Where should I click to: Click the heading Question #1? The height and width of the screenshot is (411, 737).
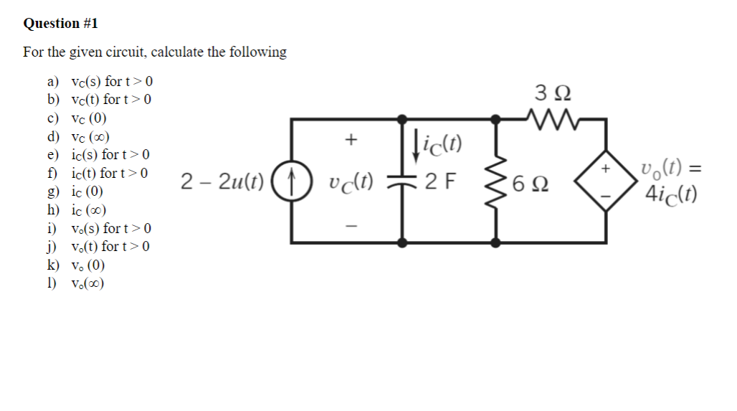click(x=60, y=24)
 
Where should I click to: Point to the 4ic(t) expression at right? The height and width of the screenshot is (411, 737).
click(x=671, y=193)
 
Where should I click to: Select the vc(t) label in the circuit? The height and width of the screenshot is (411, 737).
click(x=351, y=181)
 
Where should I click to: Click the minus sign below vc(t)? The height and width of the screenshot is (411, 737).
click(x=351, y=224)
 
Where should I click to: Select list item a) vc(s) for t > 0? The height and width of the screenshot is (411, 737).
click(x=100, y=81)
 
